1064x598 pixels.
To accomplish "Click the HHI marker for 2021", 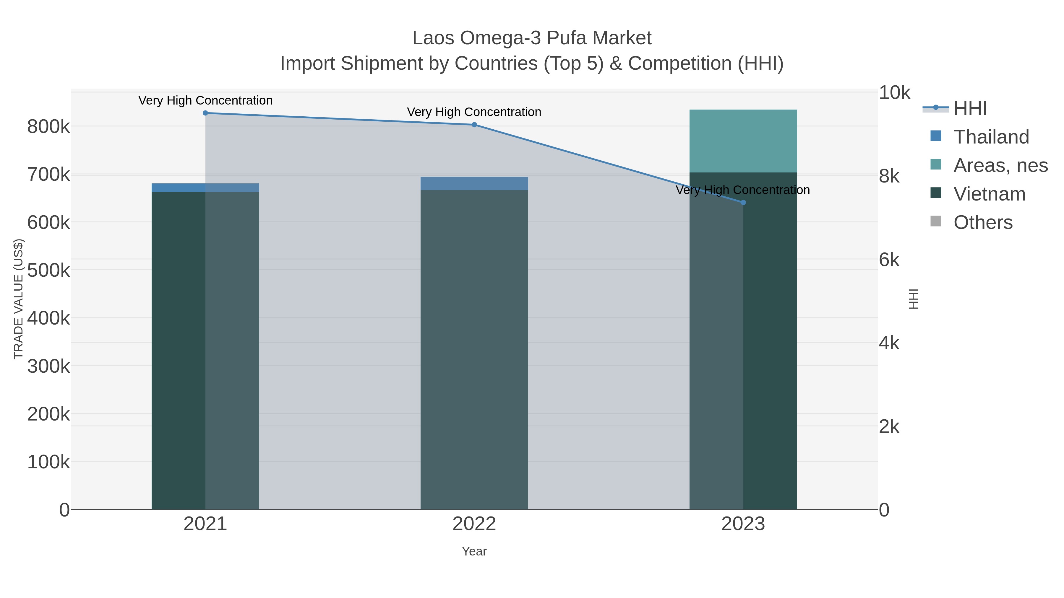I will (x=205, y=113).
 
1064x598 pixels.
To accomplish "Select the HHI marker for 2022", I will (x=474, y=125).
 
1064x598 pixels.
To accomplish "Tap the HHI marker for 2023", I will (x=743, y=203).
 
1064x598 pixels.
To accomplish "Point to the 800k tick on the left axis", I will (x=48, y=127).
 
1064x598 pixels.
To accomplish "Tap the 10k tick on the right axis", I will (x=894, y=93).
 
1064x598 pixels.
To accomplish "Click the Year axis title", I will (x=474, y=551).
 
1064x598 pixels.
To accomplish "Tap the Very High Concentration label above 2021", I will (x=205, y=101).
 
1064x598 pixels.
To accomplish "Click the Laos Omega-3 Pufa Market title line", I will (x=532, y=38).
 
